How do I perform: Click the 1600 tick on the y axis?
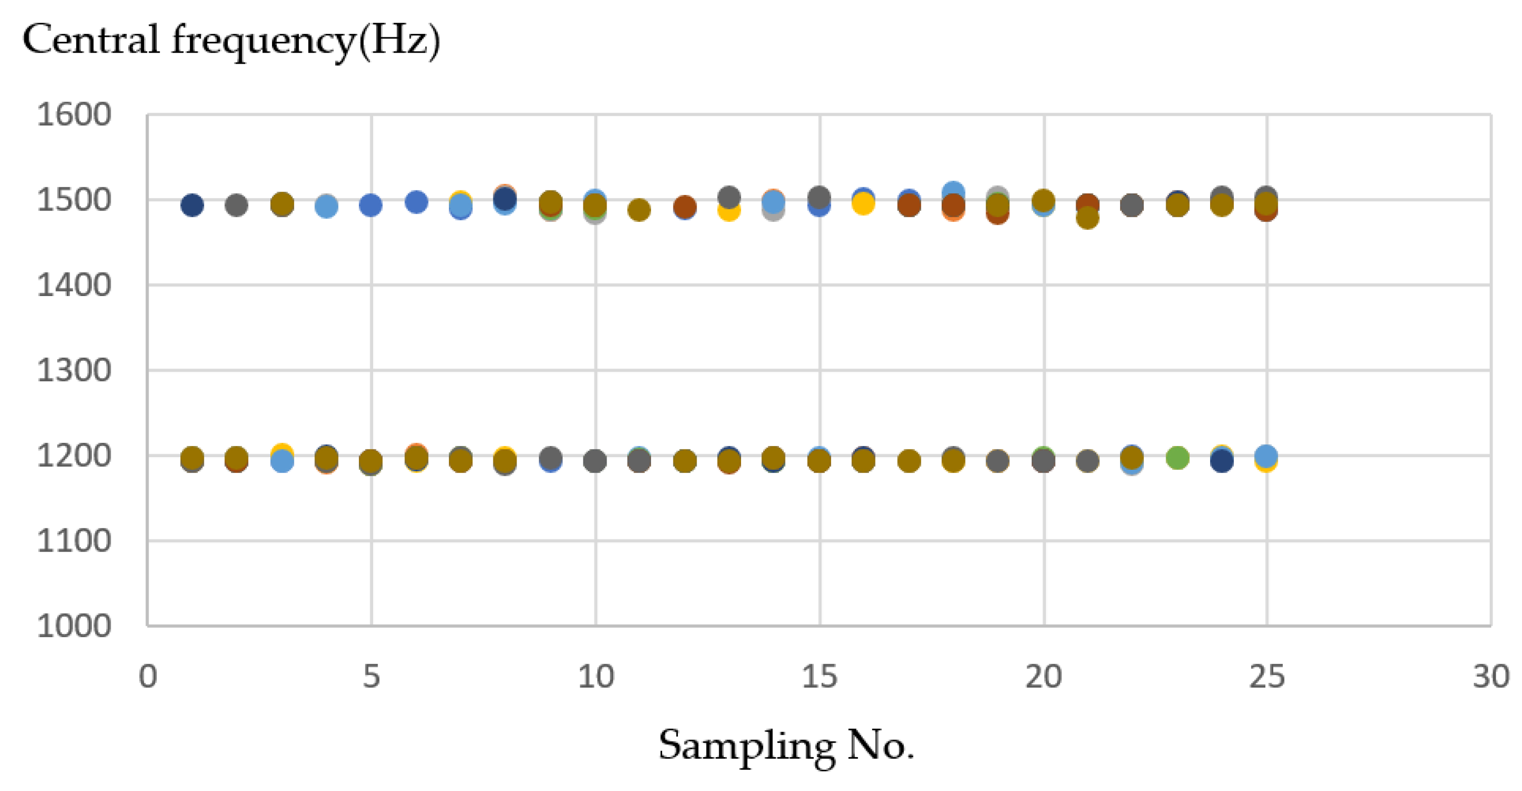coord(74,115)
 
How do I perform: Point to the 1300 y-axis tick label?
coord(74,371)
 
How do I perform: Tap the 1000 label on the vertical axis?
coord(74,626)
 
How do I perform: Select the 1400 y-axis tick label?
coord(74,286)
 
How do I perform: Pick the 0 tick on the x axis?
coord(148,676)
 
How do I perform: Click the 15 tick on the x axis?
coord(819,676)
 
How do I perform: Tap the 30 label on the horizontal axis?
coord(1491,676)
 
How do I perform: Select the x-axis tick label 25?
coord(1267,676)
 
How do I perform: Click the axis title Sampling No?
coord(786,746)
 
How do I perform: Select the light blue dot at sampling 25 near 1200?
coord(1266,456)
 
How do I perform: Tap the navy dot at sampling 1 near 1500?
coord(192,206)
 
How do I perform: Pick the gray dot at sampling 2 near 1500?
coord(237,206)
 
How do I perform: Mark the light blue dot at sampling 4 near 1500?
coord(326,207)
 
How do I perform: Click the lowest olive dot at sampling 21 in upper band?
coord(1087,218)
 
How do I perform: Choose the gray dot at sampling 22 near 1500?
coord(1131,206)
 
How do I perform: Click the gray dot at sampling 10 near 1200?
coord(595,461)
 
